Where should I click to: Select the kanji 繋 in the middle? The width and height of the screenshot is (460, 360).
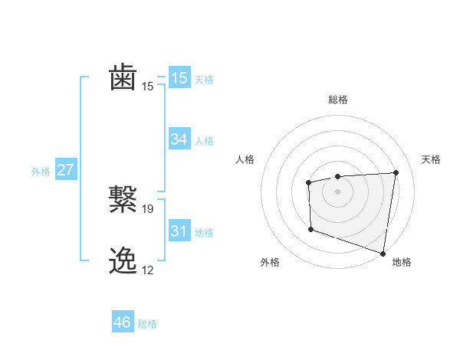(123, 200)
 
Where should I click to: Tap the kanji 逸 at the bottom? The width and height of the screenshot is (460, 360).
(123, 261)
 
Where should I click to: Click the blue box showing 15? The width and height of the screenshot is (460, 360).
(179, 78)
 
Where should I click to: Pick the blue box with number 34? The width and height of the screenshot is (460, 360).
(179, 139)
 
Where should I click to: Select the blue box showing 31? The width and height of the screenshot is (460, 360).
(179, 231)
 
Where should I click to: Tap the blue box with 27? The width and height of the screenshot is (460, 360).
(65, 170)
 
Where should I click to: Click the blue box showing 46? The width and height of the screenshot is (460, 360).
(122, 322)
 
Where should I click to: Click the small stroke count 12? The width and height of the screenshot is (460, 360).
(148, 270)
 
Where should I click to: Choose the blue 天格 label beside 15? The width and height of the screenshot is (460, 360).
(204, 80)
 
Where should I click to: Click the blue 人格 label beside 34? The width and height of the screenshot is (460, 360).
(204, 141)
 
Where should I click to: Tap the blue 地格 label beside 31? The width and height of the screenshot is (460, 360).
(204, 233)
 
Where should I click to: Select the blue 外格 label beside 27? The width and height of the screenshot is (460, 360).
(41, 172)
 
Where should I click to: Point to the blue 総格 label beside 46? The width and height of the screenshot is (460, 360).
(147, 324)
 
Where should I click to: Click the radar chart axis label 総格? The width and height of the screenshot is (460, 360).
(337, 100)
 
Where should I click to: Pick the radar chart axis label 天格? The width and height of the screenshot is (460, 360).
(432, 159)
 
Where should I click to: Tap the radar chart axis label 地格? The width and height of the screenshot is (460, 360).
(402, 262)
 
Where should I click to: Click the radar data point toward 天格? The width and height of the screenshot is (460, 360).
(396, 172)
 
